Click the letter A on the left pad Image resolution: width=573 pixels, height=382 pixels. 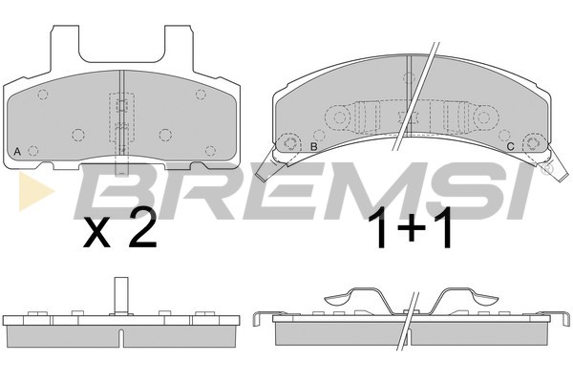click(17, 151)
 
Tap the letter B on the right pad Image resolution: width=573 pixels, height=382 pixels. click(313, 146)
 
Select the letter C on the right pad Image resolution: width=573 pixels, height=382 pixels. click(511, 146)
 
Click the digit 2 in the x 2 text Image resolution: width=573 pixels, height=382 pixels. click(143, 228)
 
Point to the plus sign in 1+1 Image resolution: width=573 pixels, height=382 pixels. click(411, 227)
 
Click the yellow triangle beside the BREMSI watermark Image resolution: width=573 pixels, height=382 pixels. click(35, 191)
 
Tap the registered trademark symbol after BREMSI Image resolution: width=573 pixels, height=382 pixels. click(547, 168)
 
